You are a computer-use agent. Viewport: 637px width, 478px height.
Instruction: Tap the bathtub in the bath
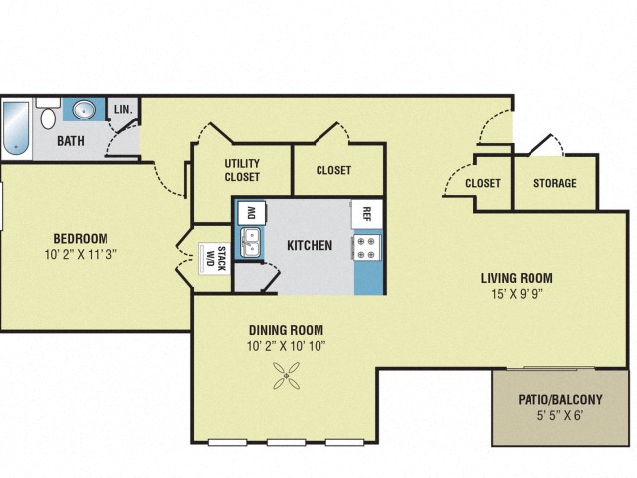(x=17, y=126)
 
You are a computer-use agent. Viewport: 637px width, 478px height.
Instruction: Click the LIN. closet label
(x=124, y=109)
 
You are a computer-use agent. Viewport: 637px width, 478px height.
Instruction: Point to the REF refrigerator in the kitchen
(x=366, y=213)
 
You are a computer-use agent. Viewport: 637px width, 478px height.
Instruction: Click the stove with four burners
(x=366, y=246)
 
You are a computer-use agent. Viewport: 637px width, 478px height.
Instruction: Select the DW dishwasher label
(x=251, y=212)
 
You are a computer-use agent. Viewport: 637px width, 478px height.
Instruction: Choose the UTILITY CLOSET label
(x=242, y=170)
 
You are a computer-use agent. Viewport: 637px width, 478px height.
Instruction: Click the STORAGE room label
(x=554, y=183)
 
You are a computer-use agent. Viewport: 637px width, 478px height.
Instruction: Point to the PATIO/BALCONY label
(x=560, y=401)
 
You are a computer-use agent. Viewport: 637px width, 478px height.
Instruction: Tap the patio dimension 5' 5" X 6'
(x=560, y=418)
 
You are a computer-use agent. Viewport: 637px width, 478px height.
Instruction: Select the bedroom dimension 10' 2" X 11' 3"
(x=81, y=255)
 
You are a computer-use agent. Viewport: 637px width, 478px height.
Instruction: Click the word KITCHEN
(x=309, y=245)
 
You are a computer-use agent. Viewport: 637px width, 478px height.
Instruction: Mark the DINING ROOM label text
(x=286, y=329)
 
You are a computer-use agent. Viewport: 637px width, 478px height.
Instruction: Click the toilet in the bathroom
(x=47, y=117)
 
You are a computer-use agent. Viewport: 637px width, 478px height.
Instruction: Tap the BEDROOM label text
(x=81, y=238)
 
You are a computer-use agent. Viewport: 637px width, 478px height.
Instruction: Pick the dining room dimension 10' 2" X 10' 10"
(x=286, y=346)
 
